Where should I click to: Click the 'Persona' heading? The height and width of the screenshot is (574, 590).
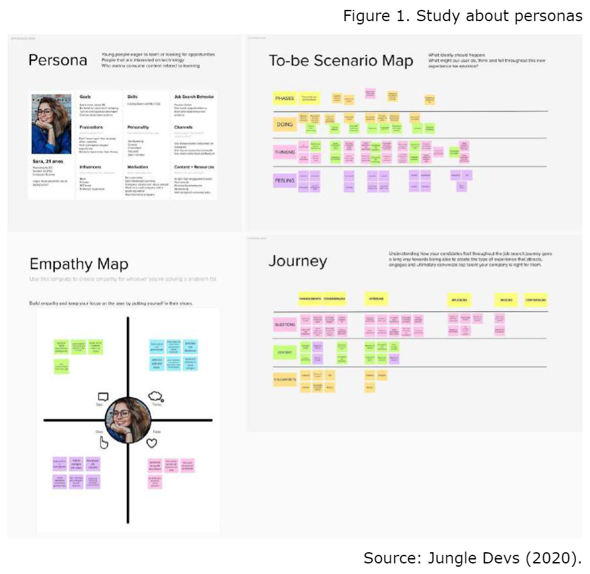coord(57,61)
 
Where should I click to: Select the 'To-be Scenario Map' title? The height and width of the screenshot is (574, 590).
coord(340,61)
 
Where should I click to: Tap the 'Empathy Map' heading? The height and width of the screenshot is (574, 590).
coord(79,264)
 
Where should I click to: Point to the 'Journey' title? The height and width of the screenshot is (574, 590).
coord(297,261)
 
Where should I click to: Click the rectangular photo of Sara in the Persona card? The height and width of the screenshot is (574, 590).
coord(52,124)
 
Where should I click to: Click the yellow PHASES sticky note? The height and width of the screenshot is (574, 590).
coord(285,98)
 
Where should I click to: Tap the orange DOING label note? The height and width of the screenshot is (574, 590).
coord(285,124)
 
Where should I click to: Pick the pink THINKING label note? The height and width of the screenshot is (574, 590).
coord(285,152)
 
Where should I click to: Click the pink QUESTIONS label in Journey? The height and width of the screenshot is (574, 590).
coord(285,324)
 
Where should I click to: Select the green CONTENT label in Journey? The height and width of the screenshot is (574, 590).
coord(285,353)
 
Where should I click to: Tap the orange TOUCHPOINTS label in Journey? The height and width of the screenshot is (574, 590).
coord(285,380)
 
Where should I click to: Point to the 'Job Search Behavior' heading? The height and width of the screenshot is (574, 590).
coord(194,97)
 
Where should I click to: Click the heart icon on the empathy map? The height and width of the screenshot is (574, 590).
coord(151,445)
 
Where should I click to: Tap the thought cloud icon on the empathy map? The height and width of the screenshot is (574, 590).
coord(156,396)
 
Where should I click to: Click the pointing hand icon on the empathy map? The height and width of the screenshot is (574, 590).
coord(104,442)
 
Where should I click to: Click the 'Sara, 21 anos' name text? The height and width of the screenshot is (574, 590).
coord(47,161)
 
